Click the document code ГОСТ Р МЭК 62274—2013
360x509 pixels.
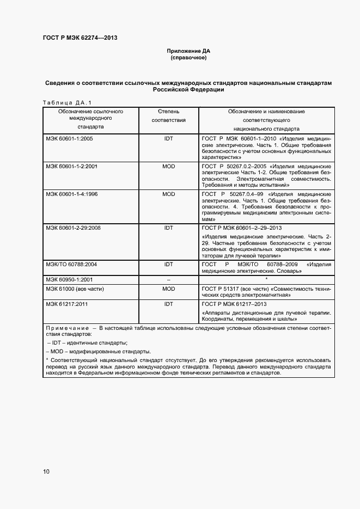tap(80, 38)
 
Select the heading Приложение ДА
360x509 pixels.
tap(188, 51)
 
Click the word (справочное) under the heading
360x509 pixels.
tap(188, 58)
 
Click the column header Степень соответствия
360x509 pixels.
tap(168, 115)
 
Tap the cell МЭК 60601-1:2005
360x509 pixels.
tap(70, 139)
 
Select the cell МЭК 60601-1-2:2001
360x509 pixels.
tap(72, 166)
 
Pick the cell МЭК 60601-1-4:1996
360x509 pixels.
tap(72, 194)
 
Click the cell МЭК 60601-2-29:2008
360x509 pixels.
tap(74, 228)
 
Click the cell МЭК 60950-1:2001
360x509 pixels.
tap(70, 279)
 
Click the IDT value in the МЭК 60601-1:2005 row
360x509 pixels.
tap(168, 139)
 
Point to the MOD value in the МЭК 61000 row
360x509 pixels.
tap(168, 289)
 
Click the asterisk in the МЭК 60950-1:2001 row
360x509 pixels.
tap(266, 279)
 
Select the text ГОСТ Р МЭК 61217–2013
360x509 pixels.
tap(234, 304)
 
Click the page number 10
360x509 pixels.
tap(46, 471)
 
